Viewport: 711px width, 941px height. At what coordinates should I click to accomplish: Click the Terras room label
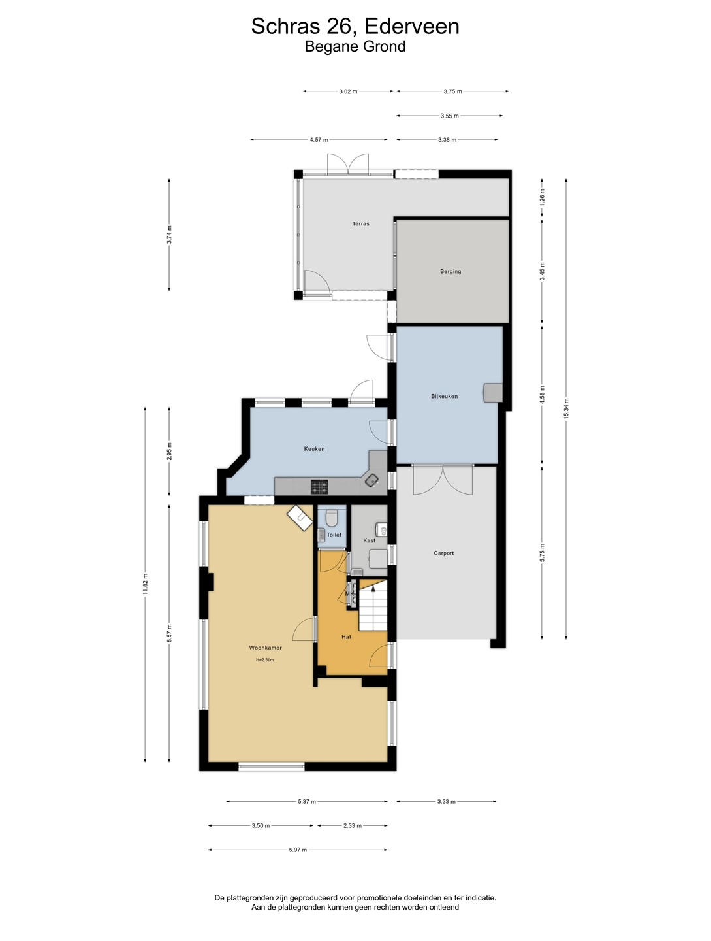[360, 223]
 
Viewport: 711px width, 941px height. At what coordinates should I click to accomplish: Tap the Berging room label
[450, 271]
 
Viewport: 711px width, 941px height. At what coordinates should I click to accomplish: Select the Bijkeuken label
[444, 396]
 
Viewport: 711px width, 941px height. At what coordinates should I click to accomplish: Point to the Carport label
[444, 553]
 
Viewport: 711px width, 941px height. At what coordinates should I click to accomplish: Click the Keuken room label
[315, 449]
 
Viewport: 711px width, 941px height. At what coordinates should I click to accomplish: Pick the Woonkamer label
[266, 648]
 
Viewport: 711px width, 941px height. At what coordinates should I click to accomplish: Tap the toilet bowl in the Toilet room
[332, 518]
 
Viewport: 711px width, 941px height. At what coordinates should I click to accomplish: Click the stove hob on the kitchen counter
[319, 487]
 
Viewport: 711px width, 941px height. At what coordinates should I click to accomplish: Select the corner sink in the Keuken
[371, 480]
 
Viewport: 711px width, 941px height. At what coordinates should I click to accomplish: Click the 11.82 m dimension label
[145, 584]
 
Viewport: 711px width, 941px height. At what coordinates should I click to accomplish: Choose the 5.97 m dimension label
[298, 850]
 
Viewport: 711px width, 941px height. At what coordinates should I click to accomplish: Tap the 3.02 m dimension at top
[348, 91]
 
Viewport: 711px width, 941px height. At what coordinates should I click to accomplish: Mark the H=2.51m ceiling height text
[264, 660]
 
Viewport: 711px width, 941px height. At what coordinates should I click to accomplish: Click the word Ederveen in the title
[413, 26]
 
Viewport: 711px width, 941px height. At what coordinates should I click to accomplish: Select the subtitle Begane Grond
[355, 46]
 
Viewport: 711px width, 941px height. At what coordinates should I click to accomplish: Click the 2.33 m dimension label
[353, 826]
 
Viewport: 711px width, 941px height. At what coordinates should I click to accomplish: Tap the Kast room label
[369, 540]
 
